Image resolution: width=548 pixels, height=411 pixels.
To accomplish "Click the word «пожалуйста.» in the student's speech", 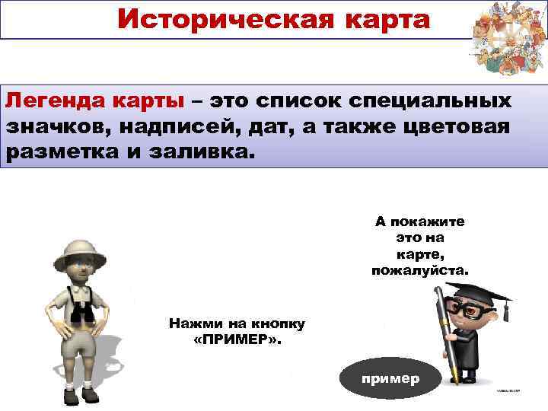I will tap(420, 270).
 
